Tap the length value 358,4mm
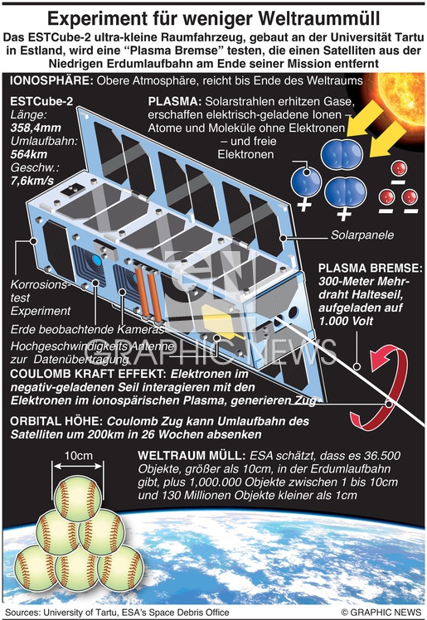tap(36, 128)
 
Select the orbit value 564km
tap(29, 154)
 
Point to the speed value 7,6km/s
tap(32, 181)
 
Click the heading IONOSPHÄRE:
tap(51, 80)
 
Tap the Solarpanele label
tap(362, 235)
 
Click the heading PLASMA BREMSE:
tap(371, 268)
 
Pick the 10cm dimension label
tap(78, 456)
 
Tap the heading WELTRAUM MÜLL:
tap(192, 456)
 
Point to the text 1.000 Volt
tap(346, 321)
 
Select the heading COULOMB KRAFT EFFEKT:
tap(89, 374)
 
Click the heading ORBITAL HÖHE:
tap(57, 422)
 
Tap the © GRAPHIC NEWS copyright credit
tap(381, 612)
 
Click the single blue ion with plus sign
tap(306, 182)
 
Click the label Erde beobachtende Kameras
tap(87, 329)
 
